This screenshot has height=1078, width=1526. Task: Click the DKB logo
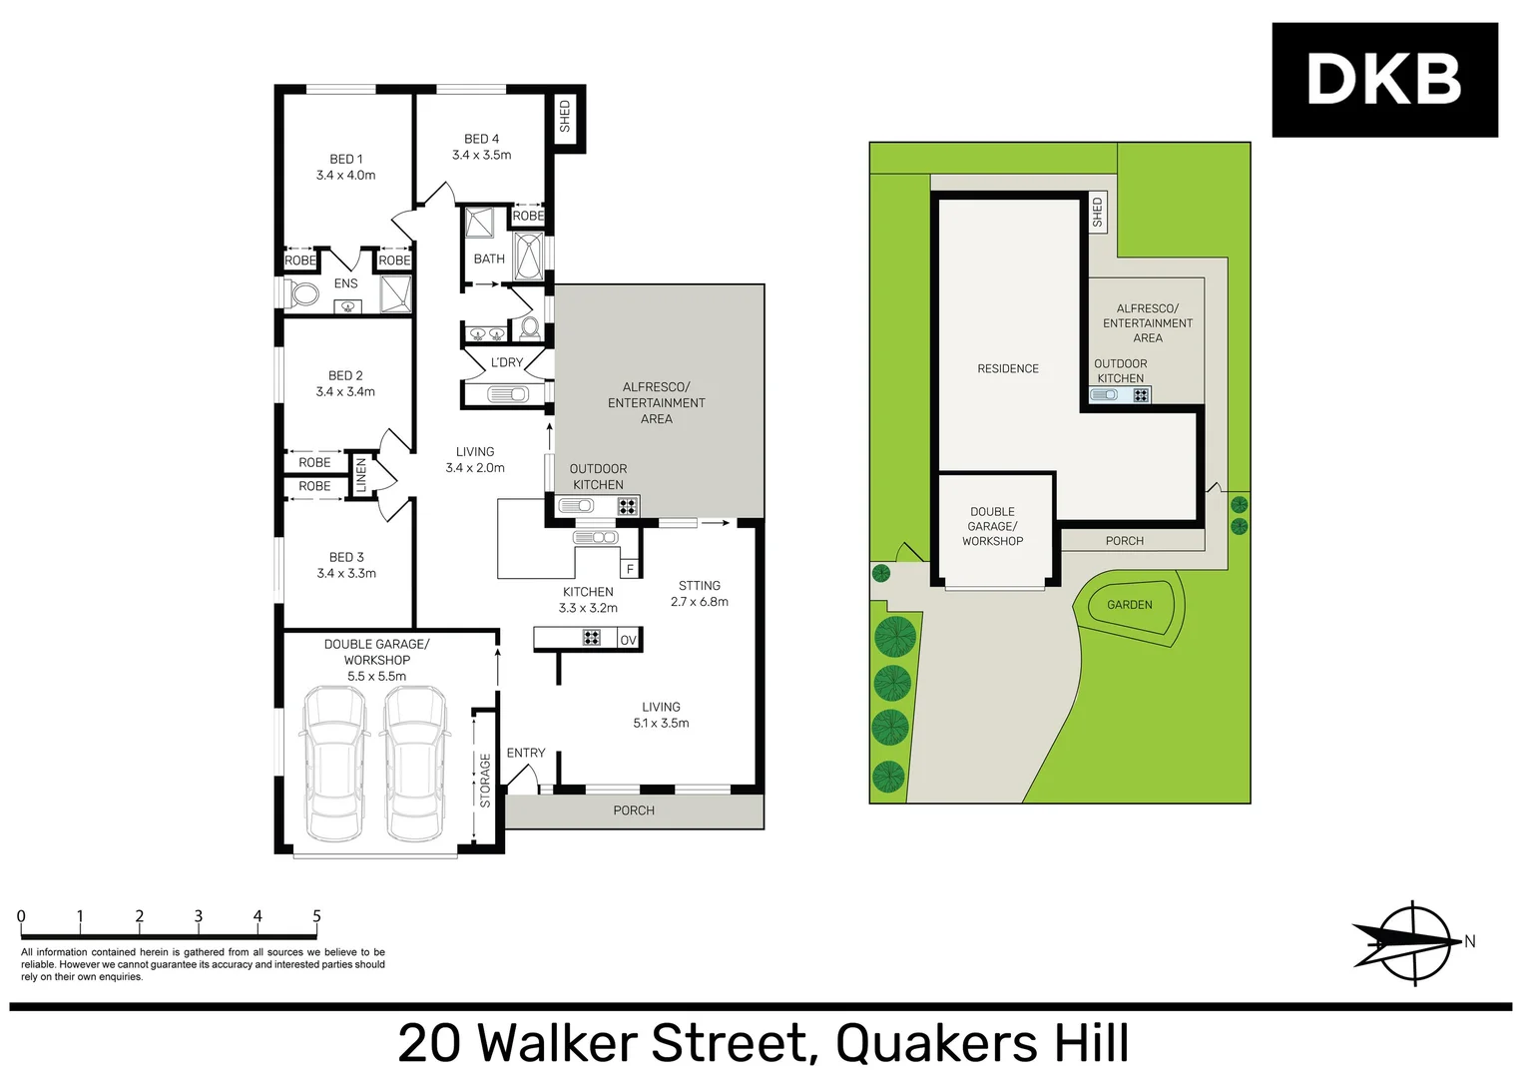pyautogui.click(x=1383, y=80)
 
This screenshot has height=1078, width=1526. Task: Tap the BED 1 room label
pyautogui.click(x=346, y=159)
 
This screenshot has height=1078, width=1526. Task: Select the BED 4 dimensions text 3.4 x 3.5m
pyautogui.click(x=481, y=155)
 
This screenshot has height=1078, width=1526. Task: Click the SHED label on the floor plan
pyautogui.click(x=565, y=116)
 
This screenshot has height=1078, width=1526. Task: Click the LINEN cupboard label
pyautogui.click(x=361, y=475)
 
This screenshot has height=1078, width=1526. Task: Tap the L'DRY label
pyautogui.click(x=507, y=362)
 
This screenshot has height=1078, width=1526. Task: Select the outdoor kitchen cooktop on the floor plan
pyautogui.click(x=627, y=506)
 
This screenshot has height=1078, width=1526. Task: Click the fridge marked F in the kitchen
pyautogui.click(x=630, y=569)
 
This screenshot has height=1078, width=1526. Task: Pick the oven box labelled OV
pyautogui.click(x=628, y=640)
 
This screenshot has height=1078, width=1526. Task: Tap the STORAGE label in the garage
pyautogui.click(x=485, y=780)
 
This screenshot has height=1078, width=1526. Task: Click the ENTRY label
pyautogui.click(x=526, y=753)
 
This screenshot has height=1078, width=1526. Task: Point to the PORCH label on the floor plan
pyautogui.click(x=634, y=810)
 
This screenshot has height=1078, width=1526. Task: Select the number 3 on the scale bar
pyautogui.click(x=199, y=916)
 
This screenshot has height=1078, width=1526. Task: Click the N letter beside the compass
pyautogui.click(x=1469, y=941)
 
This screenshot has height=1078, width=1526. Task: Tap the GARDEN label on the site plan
pyautogui.click(x=1129, y=605)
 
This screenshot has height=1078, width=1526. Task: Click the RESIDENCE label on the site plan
pyautogui.click(x=1008, y=368)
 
